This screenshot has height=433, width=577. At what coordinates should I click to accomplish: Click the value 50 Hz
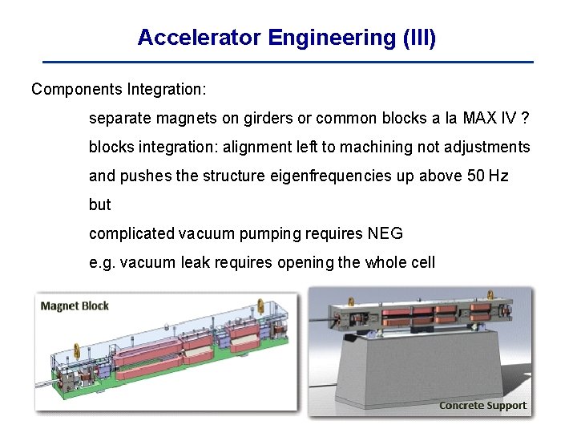tap(486, 176)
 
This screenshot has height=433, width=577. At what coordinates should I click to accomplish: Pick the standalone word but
tap(99, 204)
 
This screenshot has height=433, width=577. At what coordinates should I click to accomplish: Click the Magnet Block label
tap(75, 306)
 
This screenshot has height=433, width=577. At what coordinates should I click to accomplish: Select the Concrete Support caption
tap(482, 405)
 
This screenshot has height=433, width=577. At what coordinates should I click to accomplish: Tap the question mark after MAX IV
tap(524, 118)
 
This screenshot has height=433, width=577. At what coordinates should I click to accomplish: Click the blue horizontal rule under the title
tap(288, 62)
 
